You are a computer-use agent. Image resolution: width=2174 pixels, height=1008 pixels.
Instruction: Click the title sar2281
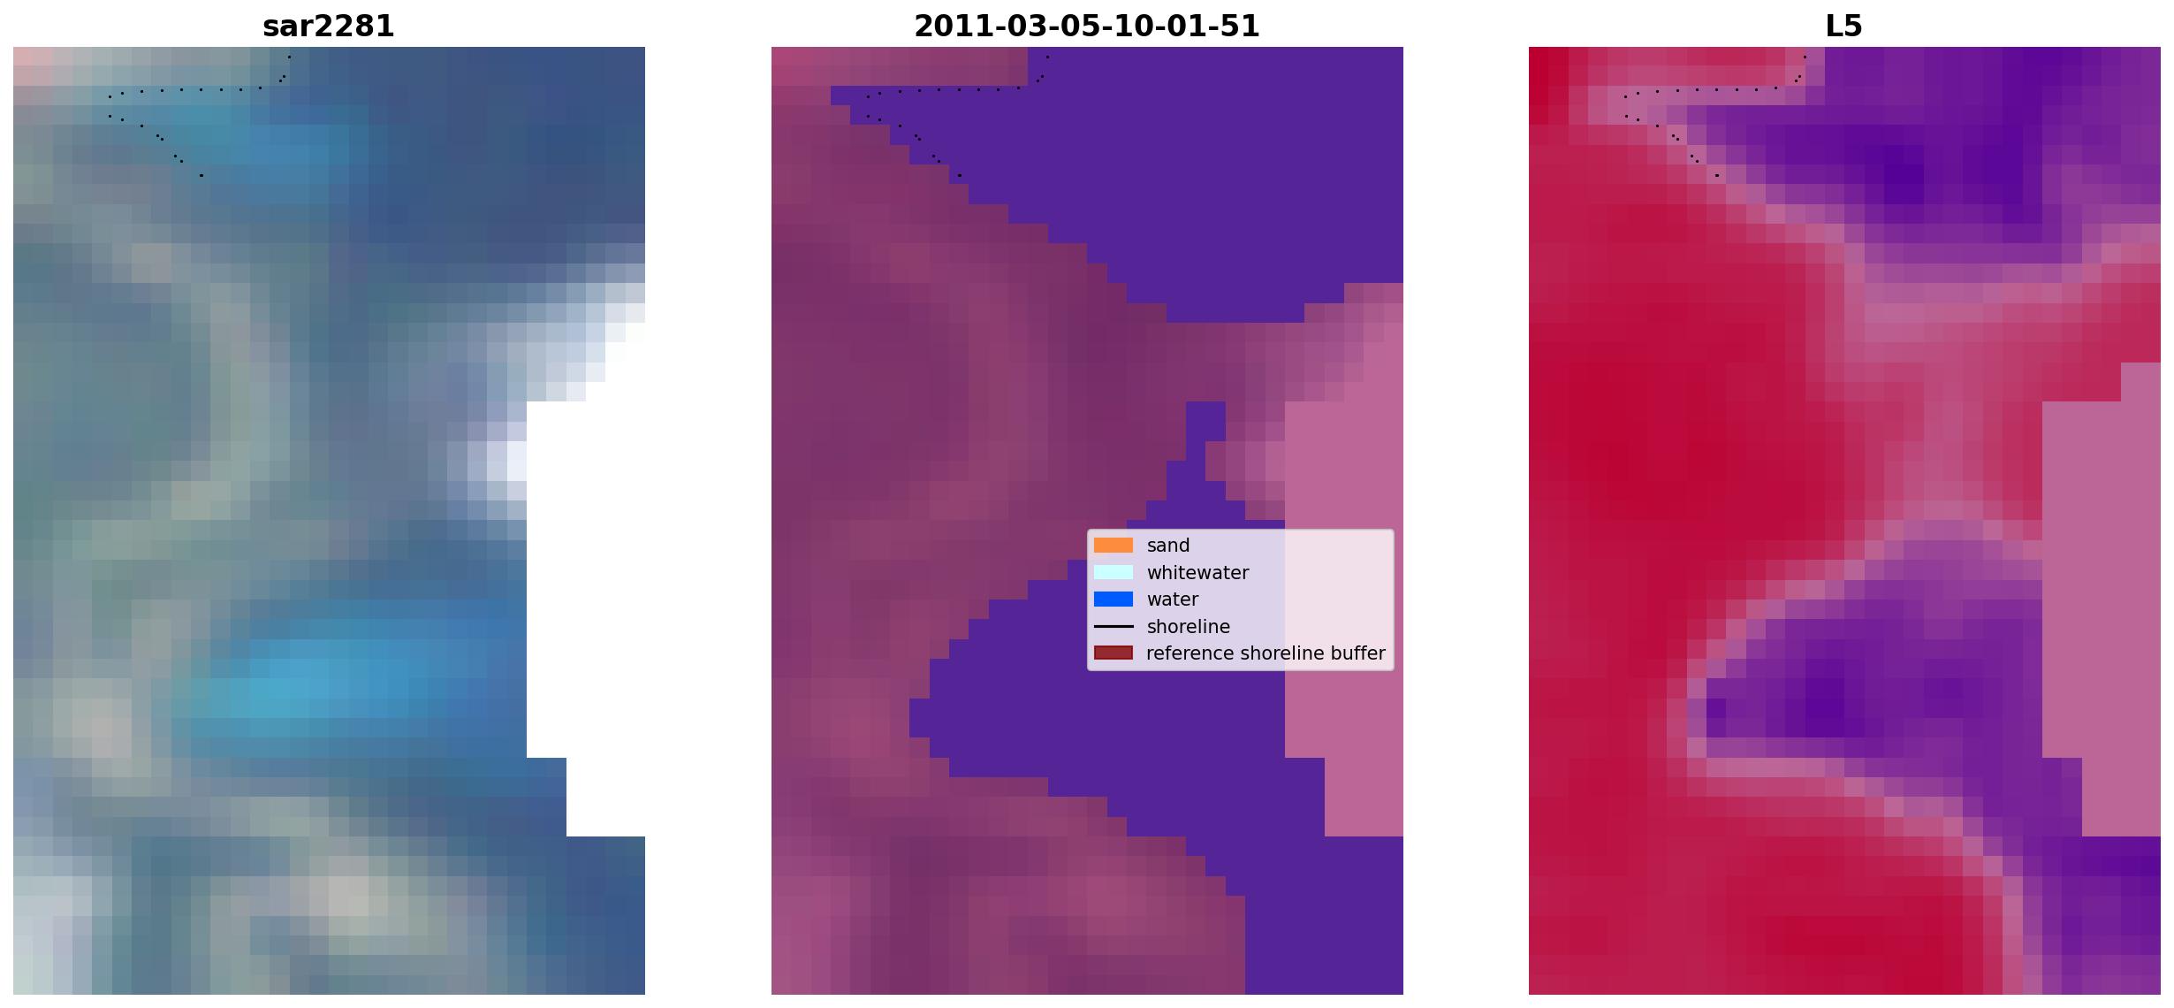point(329,27)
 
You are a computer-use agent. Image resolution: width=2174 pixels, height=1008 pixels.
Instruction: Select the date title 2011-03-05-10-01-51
point(1087,27)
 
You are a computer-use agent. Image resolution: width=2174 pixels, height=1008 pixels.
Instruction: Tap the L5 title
point(1844,27)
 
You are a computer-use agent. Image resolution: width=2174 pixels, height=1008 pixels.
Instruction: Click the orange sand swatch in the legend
point(1114,546)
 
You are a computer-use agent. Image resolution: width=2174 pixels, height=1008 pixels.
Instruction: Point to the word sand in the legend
point(1168,546)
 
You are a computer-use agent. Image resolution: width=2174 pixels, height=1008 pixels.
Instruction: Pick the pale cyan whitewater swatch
point(1114,573)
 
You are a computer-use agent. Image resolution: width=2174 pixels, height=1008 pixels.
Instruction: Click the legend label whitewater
point(1197,573)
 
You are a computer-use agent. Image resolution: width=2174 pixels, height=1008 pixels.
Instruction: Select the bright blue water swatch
point(1114,599)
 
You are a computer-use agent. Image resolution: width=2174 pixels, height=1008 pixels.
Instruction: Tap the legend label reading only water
point(1173,599)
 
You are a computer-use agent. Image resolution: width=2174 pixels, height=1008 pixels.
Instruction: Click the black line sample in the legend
point(1114,627)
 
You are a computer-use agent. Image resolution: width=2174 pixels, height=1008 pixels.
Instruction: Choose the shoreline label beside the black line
point(1189,627)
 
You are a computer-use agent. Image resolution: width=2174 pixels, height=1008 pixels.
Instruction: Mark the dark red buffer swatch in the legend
point(1114,653)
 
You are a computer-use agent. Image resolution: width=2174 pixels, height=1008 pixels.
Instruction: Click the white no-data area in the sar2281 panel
point(585,575)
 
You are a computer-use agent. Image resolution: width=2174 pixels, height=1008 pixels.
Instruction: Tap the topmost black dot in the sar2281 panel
point(289,57)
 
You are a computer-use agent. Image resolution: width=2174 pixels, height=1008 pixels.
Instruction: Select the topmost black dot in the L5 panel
point(1805,57)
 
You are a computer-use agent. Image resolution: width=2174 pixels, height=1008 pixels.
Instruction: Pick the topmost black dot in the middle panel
point(1047,57)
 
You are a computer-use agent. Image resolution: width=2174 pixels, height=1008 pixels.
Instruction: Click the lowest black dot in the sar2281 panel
point(201,175)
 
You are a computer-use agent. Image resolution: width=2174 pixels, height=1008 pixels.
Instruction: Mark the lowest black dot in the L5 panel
point(1717,175)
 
